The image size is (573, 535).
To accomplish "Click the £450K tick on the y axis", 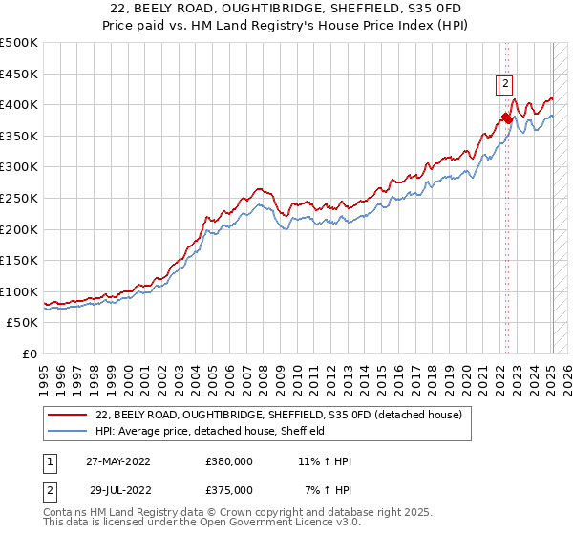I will tap(19, 74).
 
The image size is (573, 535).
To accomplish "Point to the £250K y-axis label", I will tap(19, 198).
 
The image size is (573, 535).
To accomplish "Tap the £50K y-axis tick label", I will tap(22, 323).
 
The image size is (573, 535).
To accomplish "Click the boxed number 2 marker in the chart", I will tap(505, 84).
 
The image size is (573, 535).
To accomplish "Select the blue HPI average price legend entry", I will tap(210, 432).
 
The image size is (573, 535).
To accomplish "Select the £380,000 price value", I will tap(229, 461).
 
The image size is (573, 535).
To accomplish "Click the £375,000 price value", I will tap(229, 490).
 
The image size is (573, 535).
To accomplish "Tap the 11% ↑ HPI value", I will tap(325, 461).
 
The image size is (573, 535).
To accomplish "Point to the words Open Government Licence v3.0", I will tap(285, 523).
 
